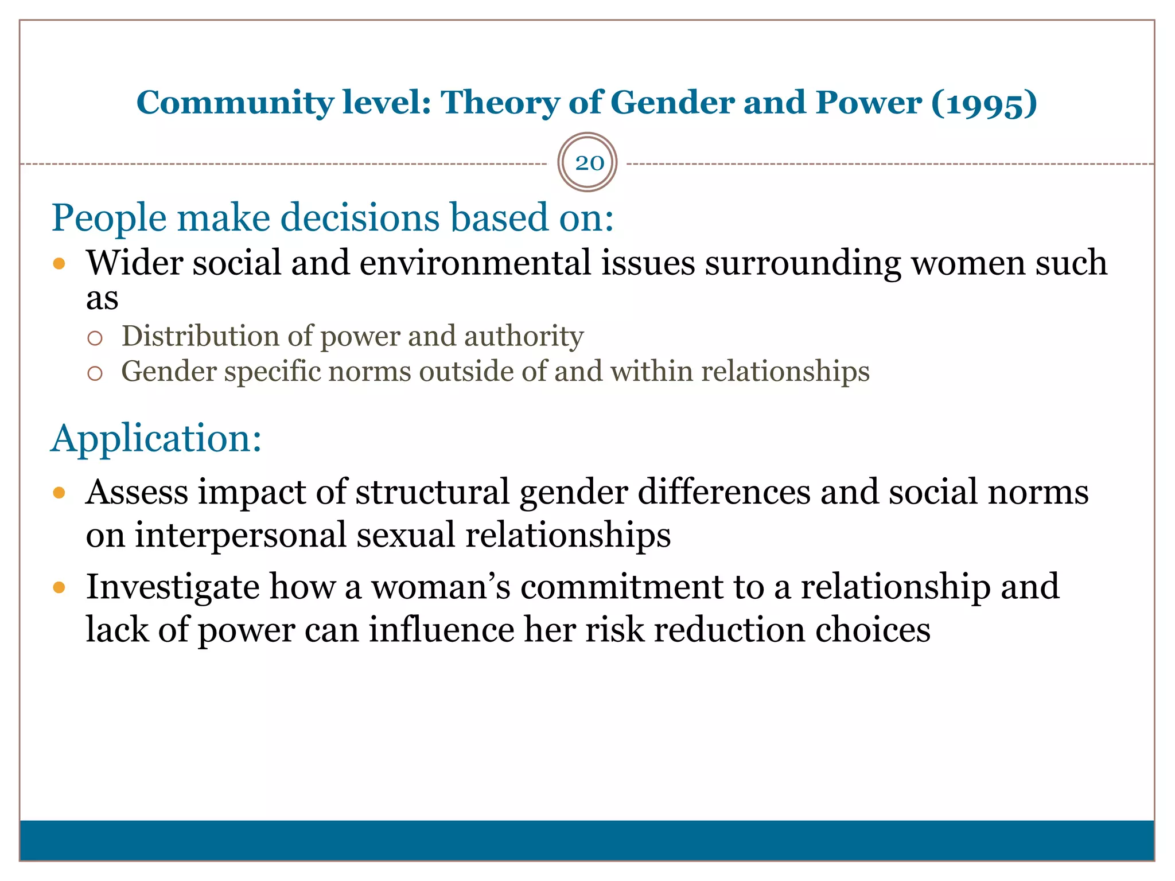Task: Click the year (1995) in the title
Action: pyautogui.click(x=984, y=103)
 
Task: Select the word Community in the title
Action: pyautogui.click(x=235, y=103)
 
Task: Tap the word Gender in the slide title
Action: pyautogui.click(x=672, y=103)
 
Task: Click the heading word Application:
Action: pyautogui.click(x=157, y=438)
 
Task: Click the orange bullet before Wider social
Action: pyautogui.click(x=59, y=264)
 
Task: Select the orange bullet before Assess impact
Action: pyautogui.click(x=59, y=493)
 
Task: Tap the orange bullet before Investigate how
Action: pyautogui.click(x=59, y=587)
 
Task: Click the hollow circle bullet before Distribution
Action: pyautogui.click(x=95, y=338)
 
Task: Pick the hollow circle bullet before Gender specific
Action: pyautogui.click(x=95, y=374)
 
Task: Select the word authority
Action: pyautogui.click(x=523, y=336)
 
